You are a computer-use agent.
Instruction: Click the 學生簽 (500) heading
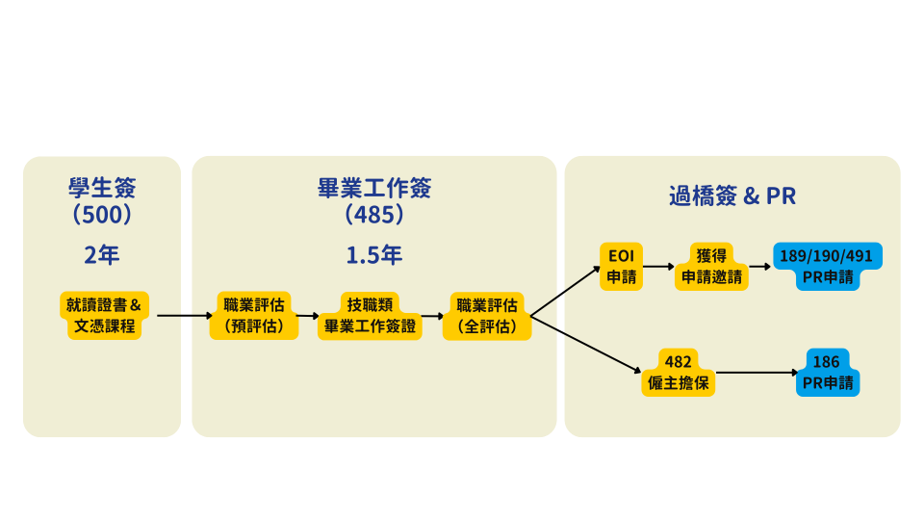coord(102,200)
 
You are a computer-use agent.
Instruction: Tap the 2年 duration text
coord(102,255)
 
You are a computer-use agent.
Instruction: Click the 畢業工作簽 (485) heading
coord(374,200)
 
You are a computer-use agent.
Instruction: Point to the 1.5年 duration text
coord(374,255)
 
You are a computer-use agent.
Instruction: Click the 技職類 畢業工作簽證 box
coord(371,316)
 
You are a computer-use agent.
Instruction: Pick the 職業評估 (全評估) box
coord(487,316)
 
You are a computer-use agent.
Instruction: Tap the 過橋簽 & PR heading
coord(732,196)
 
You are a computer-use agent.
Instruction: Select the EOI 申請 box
coord(621,267)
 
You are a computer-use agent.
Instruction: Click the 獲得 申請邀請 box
coord(712,267)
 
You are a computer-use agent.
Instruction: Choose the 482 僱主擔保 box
coord(679,373)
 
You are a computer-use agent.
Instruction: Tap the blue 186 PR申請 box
coord(827,373)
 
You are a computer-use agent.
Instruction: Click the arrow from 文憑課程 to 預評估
coord(184,316)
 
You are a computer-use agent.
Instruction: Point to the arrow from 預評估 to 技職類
coord(307,316)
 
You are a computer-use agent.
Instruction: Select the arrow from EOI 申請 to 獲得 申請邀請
coord(658,267)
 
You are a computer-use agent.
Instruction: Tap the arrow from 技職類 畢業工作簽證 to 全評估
coord(432,316)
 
